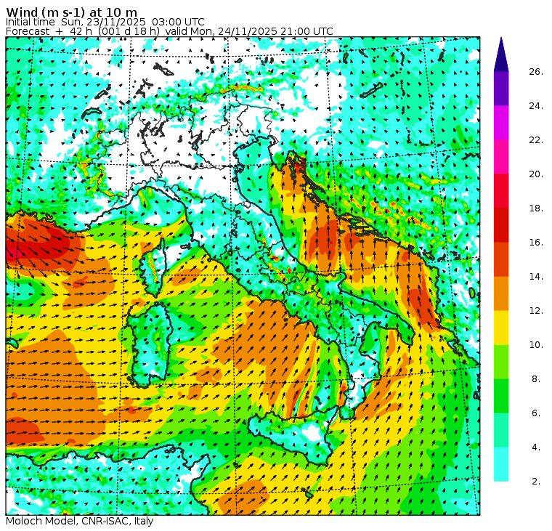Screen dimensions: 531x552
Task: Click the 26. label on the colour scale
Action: tap(536, 72)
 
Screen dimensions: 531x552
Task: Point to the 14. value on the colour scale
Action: tap(536, 277)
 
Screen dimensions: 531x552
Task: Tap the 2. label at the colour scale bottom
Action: tap(536, 481)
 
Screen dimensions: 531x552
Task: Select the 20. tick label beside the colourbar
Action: tap(536, 174)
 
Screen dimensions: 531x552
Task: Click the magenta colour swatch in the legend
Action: tap(501, 122)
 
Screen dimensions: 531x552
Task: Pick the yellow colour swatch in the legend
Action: tap(501, 328)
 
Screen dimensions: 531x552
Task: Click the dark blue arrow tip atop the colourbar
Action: tap(501, 54)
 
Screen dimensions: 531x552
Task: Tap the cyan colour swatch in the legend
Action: tap(501, 464)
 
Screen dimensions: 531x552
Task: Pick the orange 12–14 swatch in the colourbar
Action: tap(501, 293)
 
